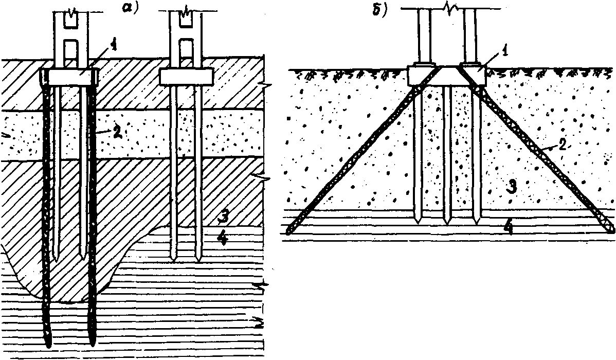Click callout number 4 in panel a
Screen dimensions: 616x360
tap(223, 238)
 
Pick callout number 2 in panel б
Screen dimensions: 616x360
tap(562, 146)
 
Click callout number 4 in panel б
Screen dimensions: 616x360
tap(509, 227)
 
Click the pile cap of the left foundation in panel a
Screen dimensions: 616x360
tap(68, 76)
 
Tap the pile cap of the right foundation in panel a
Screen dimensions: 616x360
tap(186, 76)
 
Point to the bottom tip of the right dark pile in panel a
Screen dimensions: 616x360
tap(93, 345)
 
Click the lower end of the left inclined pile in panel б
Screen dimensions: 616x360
tap(289, 231)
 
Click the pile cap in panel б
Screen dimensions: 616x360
tap(446, 76)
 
